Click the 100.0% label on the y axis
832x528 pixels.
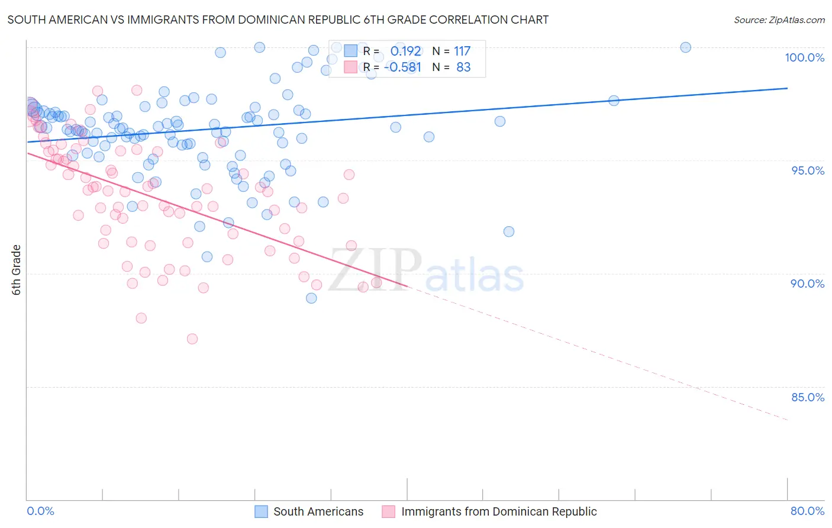(804, 57)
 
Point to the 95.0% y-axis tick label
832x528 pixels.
(808, 170)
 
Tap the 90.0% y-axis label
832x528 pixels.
(808, 284)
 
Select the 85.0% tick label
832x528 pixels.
(808, 397)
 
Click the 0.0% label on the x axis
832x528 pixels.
(40, 511)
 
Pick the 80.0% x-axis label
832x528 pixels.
(807, 511)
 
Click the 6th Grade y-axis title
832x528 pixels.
(17, 270)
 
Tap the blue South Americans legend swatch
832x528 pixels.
(262, 511)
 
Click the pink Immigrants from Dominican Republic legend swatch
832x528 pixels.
(388, 511)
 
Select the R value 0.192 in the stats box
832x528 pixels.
(405, 51)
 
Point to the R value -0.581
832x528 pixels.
(402, 67)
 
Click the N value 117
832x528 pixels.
(462, 51)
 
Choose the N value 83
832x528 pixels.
(463, 67)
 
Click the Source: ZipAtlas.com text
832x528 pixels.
(779, 20)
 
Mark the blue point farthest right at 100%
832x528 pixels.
(685, 47)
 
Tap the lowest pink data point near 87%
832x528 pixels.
(192, 339)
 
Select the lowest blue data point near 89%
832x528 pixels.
(311, 298)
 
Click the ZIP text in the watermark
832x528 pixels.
(375, 270)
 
